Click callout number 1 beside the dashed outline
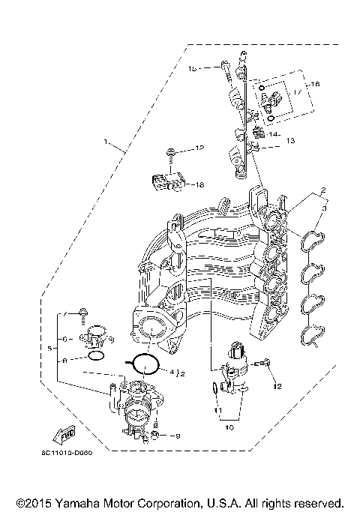click(x=106, y=141)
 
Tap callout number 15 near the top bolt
click(x=192, y=68)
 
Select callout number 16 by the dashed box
click(x=314, y=85)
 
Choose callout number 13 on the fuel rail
click(x=290, y=141)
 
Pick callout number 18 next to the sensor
click(x=199, y=184)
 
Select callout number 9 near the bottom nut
click(x=178, y=436)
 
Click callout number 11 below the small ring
click(x=216, y=411)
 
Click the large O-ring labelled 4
click(x=145, y=364)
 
